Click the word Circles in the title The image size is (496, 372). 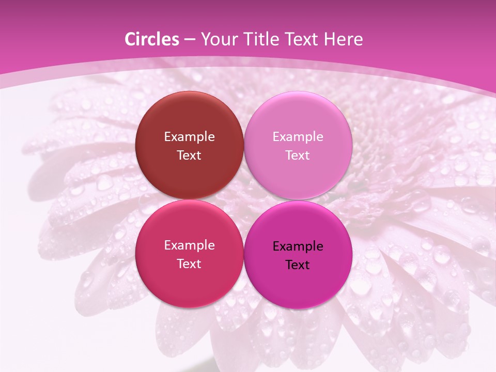click(152, 40)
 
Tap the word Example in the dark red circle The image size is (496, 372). click(189, 137)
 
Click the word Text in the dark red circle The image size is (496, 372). click(189, 156)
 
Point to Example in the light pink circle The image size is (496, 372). click(298, 137)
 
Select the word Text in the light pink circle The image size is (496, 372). click(298, 156)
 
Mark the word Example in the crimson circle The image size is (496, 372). click(189, 245)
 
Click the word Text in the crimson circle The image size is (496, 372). click(189, 264)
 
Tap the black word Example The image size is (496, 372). click(298, 246)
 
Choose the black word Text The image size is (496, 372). click(298, 265)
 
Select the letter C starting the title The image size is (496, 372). click(130, 40)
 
